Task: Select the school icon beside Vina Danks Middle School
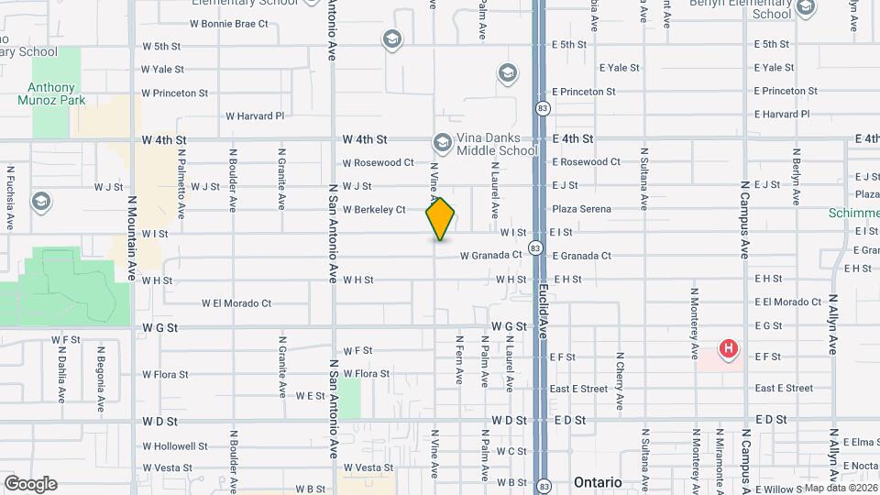click(442, 142)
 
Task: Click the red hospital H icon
click(728, 348)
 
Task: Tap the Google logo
click(30, 483)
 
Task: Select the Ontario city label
click(597, 482)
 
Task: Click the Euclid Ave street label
click(543, 312)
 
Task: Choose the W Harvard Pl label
click(255, 116)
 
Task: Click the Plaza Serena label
click(581, 209)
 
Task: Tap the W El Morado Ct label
click(236, 302)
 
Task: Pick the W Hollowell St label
click(175, 446)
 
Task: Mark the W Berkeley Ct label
click(374, 210)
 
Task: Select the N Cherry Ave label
click(621, 380)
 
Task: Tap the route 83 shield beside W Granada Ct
click(534, 248)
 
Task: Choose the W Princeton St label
click(174, 93)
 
